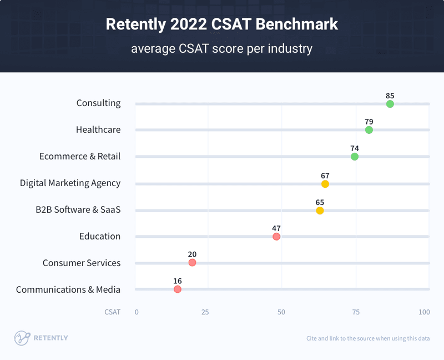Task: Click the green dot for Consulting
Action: (390, 104)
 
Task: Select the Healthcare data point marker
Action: (369, 130)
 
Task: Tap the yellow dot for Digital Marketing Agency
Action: (325, 184)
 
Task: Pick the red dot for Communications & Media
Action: (178, 289)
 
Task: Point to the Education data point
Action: (276, 237)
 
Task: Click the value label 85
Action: (390, 95)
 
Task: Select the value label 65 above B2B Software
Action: (320, 202)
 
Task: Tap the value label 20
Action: (192, 254)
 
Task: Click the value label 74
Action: (355, 148)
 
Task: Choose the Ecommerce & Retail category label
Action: (80, 157)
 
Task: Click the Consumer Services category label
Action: (82, 263)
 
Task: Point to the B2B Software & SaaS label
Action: (78, 209)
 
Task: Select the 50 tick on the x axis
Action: (281, 312)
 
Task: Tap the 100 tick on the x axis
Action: (424, 312)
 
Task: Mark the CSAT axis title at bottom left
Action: (112, 312)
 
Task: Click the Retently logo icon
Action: (22, 338)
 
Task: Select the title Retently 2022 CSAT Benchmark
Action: (221, 24)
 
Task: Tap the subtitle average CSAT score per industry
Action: (221, 49)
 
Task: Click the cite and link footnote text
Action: (367, 338)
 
